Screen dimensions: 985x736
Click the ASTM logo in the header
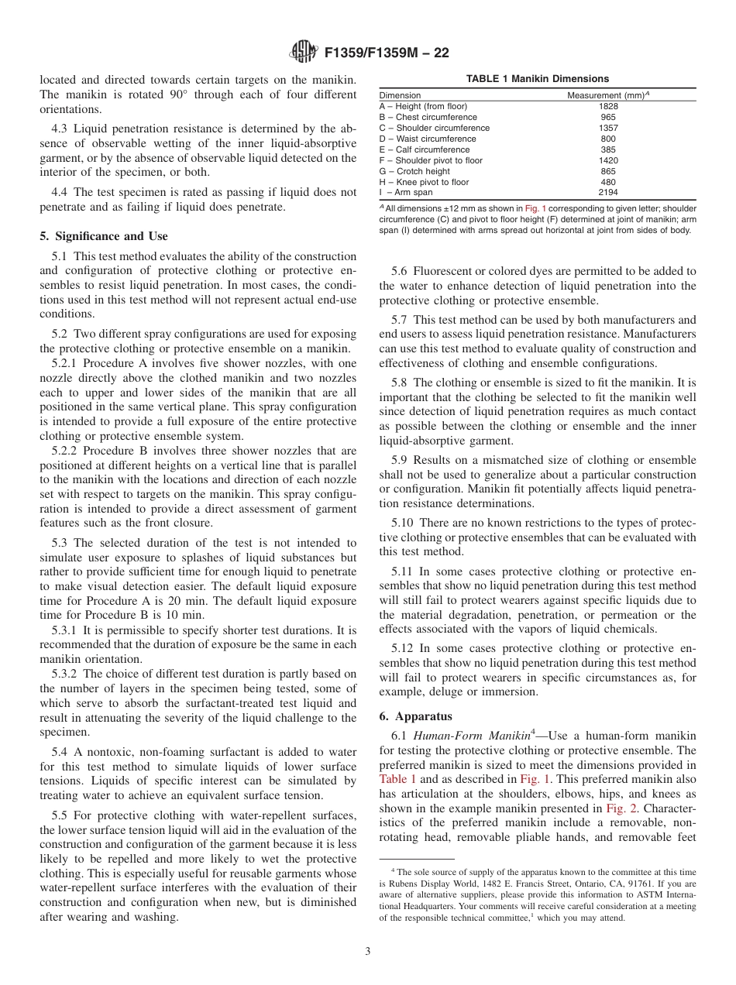pos(304,53)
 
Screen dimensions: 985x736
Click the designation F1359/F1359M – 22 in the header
pos(387,53)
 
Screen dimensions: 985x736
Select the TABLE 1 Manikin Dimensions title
pos(537,79)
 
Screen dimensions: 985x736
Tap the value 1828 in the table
pos(608,106)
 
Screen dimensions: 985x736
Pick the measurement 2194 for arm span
pos(608,193)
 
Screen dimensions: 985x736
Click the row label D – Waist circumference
pos(428,139)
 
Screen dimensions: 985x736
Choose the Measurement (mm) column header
pos(608,95)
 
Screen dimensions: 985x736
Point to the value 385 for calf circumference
pos(608,149)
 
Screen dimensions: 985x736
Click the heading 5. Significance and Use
pos(104,236)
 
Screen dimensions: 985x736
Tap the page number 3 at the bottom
pos(368,952)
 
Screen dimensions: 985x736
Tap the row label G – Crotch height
pos(414,171)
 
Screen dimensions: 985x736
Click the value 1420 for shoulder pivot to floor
pos(608,160)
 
